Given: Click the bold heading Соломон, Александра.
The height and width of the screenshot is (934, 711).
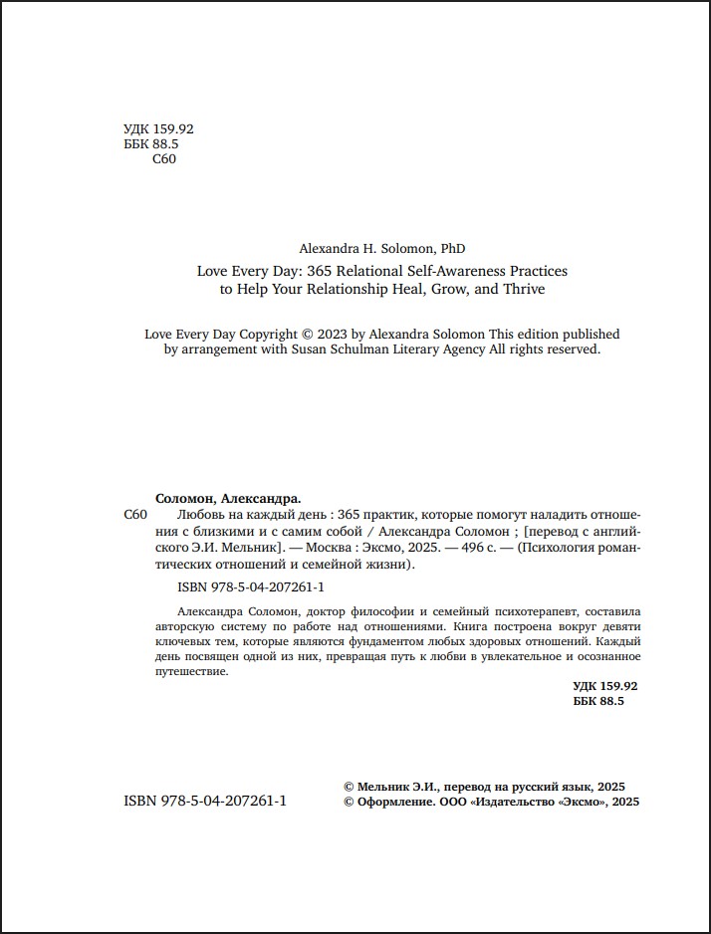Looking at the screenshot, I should click(x=228, y=498).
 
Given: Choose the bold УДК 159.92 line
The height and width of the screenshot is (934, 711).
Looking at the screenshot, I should click(x=605, y=686).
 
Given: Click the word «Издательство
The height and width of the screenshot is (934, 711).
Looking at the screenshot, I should click(x=511, y=802).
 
